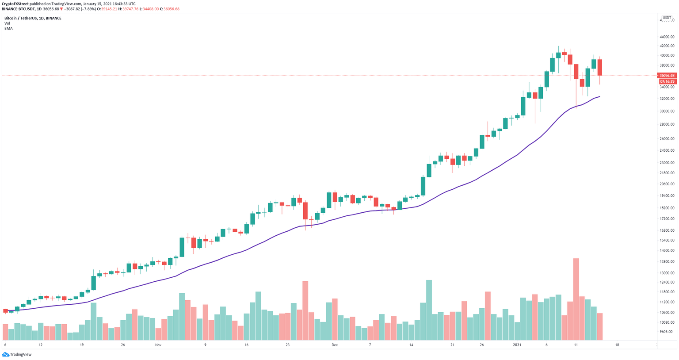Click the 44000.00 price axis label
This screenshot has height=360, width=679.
point(667,37)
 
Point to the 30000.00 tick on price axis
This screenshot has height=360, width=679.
point(667,111)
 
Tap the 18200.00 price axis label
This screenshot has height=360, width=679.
point(667,208)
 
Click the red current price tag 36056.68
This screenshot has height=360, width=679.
point(667,76)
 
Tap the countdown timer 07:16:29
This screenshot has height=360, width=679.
point(667,82)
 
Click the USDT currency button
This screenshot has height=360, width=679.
point(667,18)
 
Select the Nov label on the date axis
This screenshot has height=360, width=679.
point(158,345)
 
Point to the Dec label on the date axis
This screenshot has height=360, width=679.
point(334,345)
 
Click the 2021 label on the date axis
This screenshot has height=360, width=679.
point(517,345)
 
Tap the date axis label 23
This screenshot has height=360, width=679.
point(287,345)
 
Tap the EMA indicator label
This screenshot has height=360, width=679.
point(8,28)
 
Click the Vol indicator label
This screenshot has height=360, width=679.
point(7,23)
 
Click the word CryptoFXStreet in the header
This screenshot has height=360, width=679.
point(15,4)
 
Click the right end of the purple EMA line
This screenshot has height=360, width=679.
point(599,96)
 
